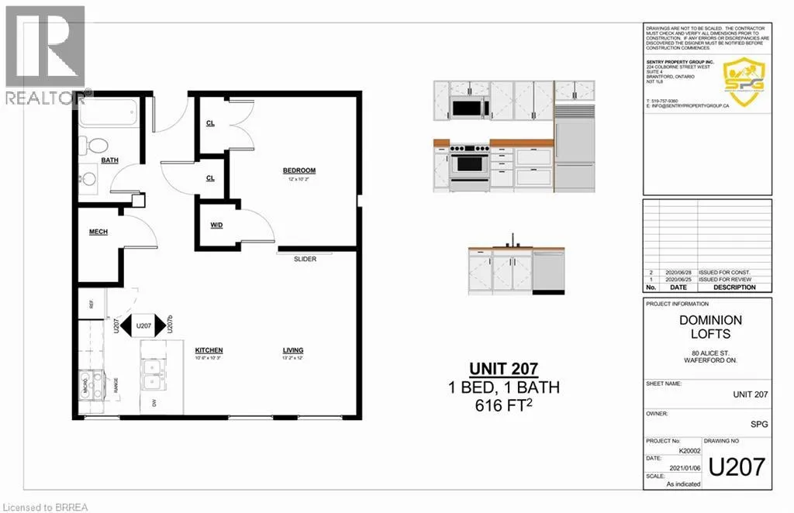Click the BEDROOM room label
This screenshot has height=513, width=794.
299,170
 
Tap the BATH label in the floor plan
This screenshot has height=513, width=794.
109,160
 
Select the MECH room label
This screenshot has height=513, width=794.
98,231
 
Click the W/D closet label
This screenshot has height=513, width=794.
217,226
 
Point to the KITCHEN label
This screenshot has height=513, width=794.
209,350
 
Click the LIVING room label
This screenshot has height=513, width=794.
292,350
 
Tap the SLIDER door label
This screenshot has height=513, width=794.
305,259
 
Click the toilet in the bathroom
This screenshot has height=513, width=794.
96,146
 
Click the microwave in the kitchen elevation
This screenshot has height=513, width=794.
468,108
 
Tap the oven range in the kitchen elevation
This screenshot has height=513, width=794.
471,164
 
